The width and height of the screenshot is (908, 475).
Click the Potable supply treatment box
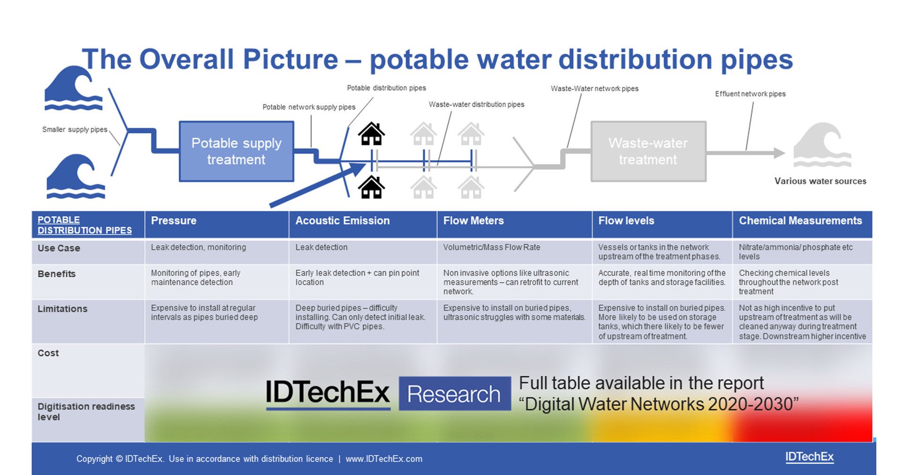(x=236, y=151)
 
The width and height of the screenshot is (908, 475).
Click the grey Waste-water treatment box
(x=648, y=151)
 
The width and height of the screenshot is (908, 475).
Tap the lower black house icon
(x=371, y=187)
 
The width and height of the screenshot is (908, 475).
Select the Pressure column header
(x=174, y=221)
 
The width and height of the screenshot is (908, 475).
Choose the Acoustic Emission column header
(x=342, y=221)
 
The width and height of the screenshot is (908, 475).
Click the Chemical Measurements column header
(x=800, y=221)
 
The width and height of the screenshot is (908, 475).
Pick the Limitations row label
(x=62, y=309)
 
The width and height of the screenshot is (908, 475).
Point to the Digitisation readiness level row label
(x=86, y=412)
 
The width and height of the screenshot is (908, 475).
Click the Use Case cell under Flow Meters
(x=491, y=247)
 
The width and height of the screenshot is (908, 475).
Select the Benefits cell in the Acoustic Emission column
(x=357, y=277)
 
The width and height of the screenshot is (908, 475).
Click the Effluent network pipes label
(x=750, y=94)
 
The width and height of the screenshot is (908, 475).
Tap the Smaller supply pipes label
(x=75, y=130)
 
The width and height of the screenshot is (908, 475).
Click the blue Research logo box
(x=454, y=394)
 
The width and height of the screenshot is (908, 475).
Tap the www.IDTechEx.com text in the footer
(x=384, y=459)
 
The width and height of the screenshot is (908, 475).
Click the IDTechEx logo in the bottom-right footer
(x=809, y=457)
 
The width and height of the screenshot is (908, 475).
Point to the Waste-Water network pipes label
(x=594, y=89)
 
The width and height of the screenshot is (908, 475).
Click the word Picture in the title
(x=290, y=60)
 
